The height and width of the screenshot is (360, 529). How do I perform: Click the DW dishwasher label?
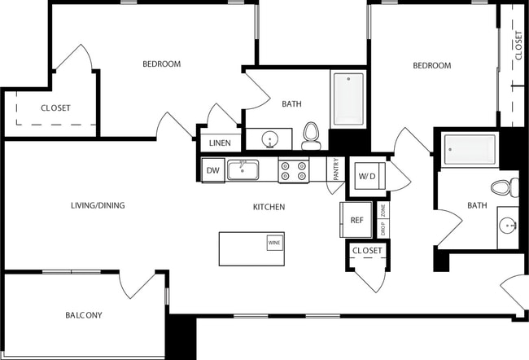pyautogui.click(x=212, y=170)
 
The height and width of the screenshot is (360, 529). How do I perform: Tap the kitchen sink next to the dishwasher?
pyautogui.click(x=243, y=170)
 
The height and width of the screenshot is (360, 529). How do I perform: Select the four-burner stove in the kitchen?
pyautogui.click(x=294, y=170)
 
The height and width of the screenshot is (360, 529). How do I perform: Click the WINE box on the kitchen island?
pyautogui.click(x=274, y=243)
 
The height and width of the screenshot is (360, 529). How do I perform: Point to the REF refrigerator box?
pyautogui.click(x=356, y=219)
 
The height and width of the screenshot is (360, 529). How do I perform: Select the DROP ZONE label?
pyautogui.click(x=383, y=218)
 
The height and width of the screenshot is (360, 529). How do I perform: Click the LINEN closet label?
pyautogui.click(x=220, y=143)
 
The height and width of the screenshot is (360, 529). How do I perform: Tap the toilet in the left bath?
pyautogui.click(x=311, y=137)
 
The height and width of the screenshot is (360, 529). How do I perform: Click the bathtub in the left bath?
pyautogui.click(x=348, y=99)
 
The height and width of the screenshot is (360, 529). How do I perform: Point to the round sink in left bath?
pyautogui.click(x=270, y=140)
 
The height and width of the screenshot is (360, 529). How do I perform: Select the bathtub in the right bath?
pyautogui.click(x=469, y=149)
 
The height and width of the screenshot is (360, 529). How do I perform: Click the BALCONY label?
pyautogui.click(x=84, y=315)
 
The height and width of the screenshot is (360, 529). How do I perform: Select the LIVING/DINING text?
pyautogui.click(x=98, y=205)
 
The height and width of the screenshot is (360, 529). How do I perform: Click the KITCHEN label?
pyautogui.click(x=269, y=207)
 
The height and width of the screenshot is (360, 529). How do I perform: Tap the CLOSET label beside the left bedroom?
pyautogui.click(x=55, y=108)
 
